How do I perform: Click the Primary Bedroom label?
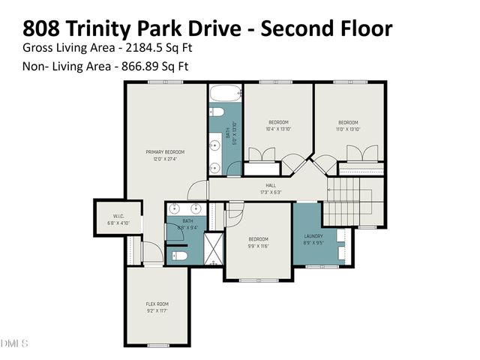tap(165, 152)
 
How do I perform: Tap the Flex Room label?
tap(157, 304)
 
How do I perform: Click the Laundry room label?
tap(313, 236)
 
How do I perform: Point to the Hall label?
tap(271, 184)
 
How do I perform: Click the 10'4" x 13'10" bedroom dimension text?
tap(278, 129)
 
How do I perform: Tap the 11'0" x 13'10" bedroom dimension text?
tap(349, 129)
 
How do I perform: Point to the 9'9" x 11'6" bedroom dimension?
tap(259, 245)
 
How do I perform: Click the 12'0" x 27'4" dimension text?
tap(165, 159)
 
